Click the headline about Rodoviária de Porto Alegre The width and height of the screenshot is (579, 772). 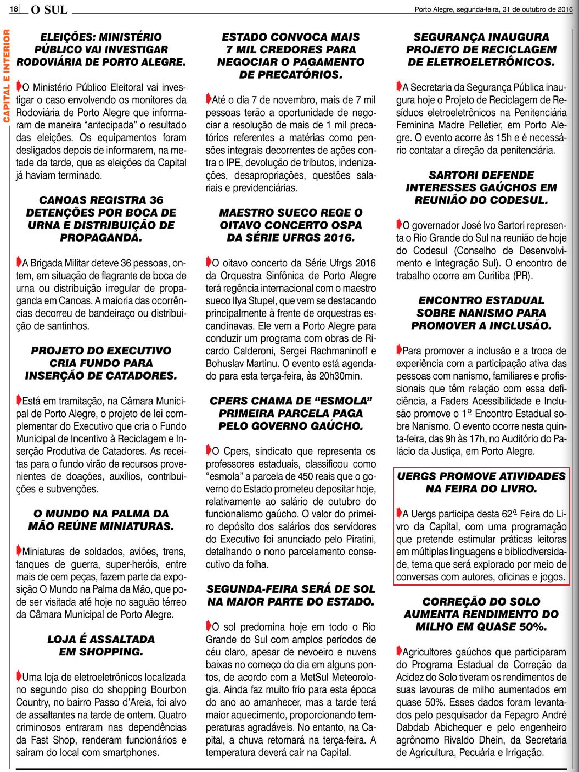point(101,49)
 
